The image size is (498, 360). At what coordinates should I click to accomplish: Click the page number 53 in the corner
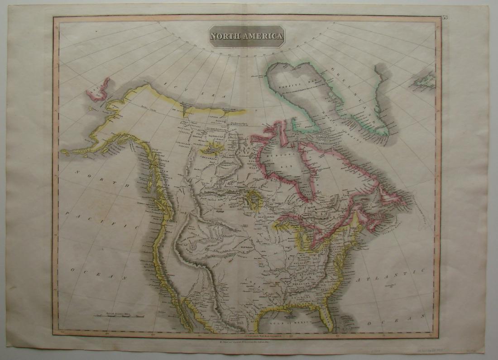point(445,18)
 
